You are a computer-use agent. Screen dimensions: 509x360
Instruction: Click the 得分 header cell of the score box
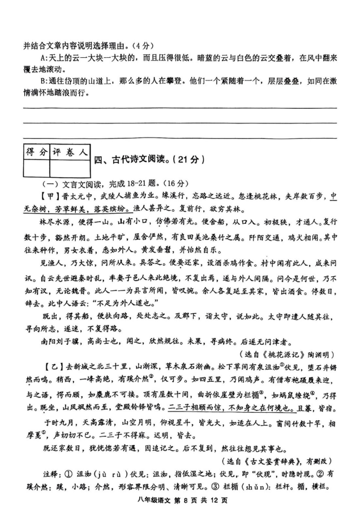tap(37, 152)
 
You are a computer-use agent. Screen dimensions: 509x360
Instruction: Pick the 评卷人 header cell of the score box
tap(70, 152)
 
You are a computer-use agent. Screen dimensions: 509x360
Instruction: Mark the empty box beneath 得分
tap(37, 168)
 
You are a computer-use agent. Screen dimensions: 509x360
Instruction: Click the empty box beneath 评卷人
tap(70, 168)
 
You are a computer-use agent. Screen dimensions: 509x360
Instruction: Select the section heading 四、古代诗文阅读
tap(132, 161)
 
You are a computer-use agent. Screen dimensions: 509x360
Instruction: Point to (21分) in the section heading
tap(188, 161)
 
